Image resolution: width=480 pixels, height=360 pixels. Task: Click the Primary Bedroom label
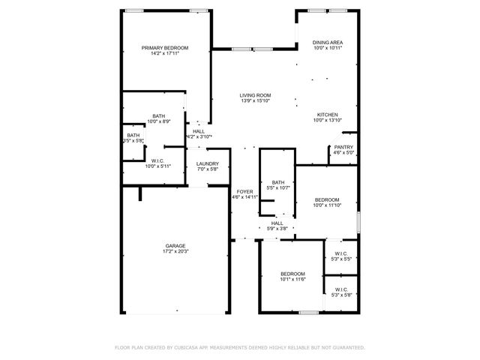(x=165, y=48)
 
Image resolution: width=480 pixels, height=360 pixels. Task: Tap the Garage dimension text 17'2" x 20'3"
(x=176, y=252)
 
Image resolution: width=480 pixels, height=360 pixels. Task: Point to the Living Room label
(x=255, y=95)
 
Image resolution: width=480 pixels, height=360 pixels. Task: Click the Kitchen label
(x=327, y=115)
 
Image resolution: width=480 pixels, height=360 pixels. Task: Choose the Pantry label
(x=343, y=147)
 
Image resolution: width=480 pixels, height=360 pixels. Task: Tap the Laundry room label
(x=208, y=163)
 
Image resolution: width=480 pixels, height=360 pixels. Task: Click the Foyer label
(x=244, y=192)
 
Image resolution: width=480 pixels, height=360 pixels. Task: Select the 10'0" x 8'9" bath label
(x=158, y=115)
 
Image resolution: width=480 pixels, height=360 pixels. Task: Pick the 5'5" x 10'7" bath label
(x=278, y=182)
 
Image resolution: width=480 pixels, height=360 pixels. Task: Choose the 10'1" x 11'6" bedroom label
(x=292, y=273)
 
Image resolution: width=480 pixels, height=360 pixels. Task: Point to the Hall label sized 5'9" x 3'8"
(x=277, y=223)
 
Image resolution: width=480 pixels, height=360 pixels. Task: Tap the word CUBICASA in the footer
(x=189, y=347)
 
